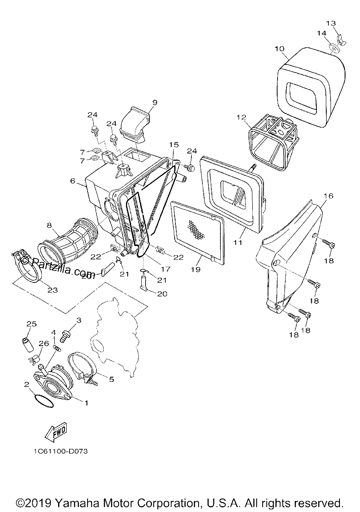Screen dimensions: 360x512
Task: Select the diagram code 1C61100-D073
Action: pos(61,451)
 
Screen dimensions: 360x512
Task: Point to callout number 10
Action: pos(279,49)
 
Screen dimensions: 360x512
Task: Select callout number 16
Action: pos(328,196)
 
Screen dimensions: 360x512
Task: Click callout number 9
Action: pos(155,102)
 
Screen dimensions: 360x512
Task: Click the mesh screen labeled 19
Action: pos(197,233)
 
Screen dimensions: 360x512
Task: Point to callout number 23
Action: pos(53,290)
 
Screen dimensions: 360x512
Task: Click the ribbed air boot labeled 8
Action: pos(68,239)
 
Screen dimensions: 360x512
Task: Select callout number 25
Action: pos(32,324)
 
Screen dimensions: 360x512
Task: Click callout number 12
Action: pos(241,117)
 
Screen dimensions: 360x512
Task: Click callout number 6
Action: pos(73,181)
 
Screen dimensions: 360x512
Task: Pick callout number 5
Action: pos(111,379)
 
